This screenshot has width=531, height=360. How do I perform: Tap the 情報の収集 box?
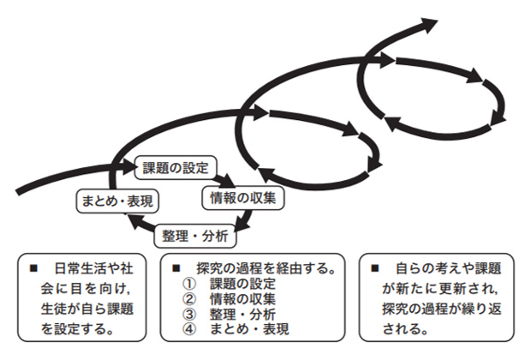tap(242, 197)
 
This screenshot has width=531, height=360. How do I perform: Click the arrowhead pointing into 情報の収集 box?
tap(229, 181)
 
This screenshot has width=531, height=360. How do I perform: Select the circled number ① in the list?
tap(191, 284)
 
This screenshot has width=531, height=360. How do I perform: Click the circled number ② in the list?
tap(191, 298)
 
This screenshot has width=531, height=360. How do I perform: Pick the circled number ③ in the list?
tap(191, 313)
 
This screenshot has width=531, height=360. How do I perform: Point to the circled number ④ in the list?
tap(191, 327)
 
